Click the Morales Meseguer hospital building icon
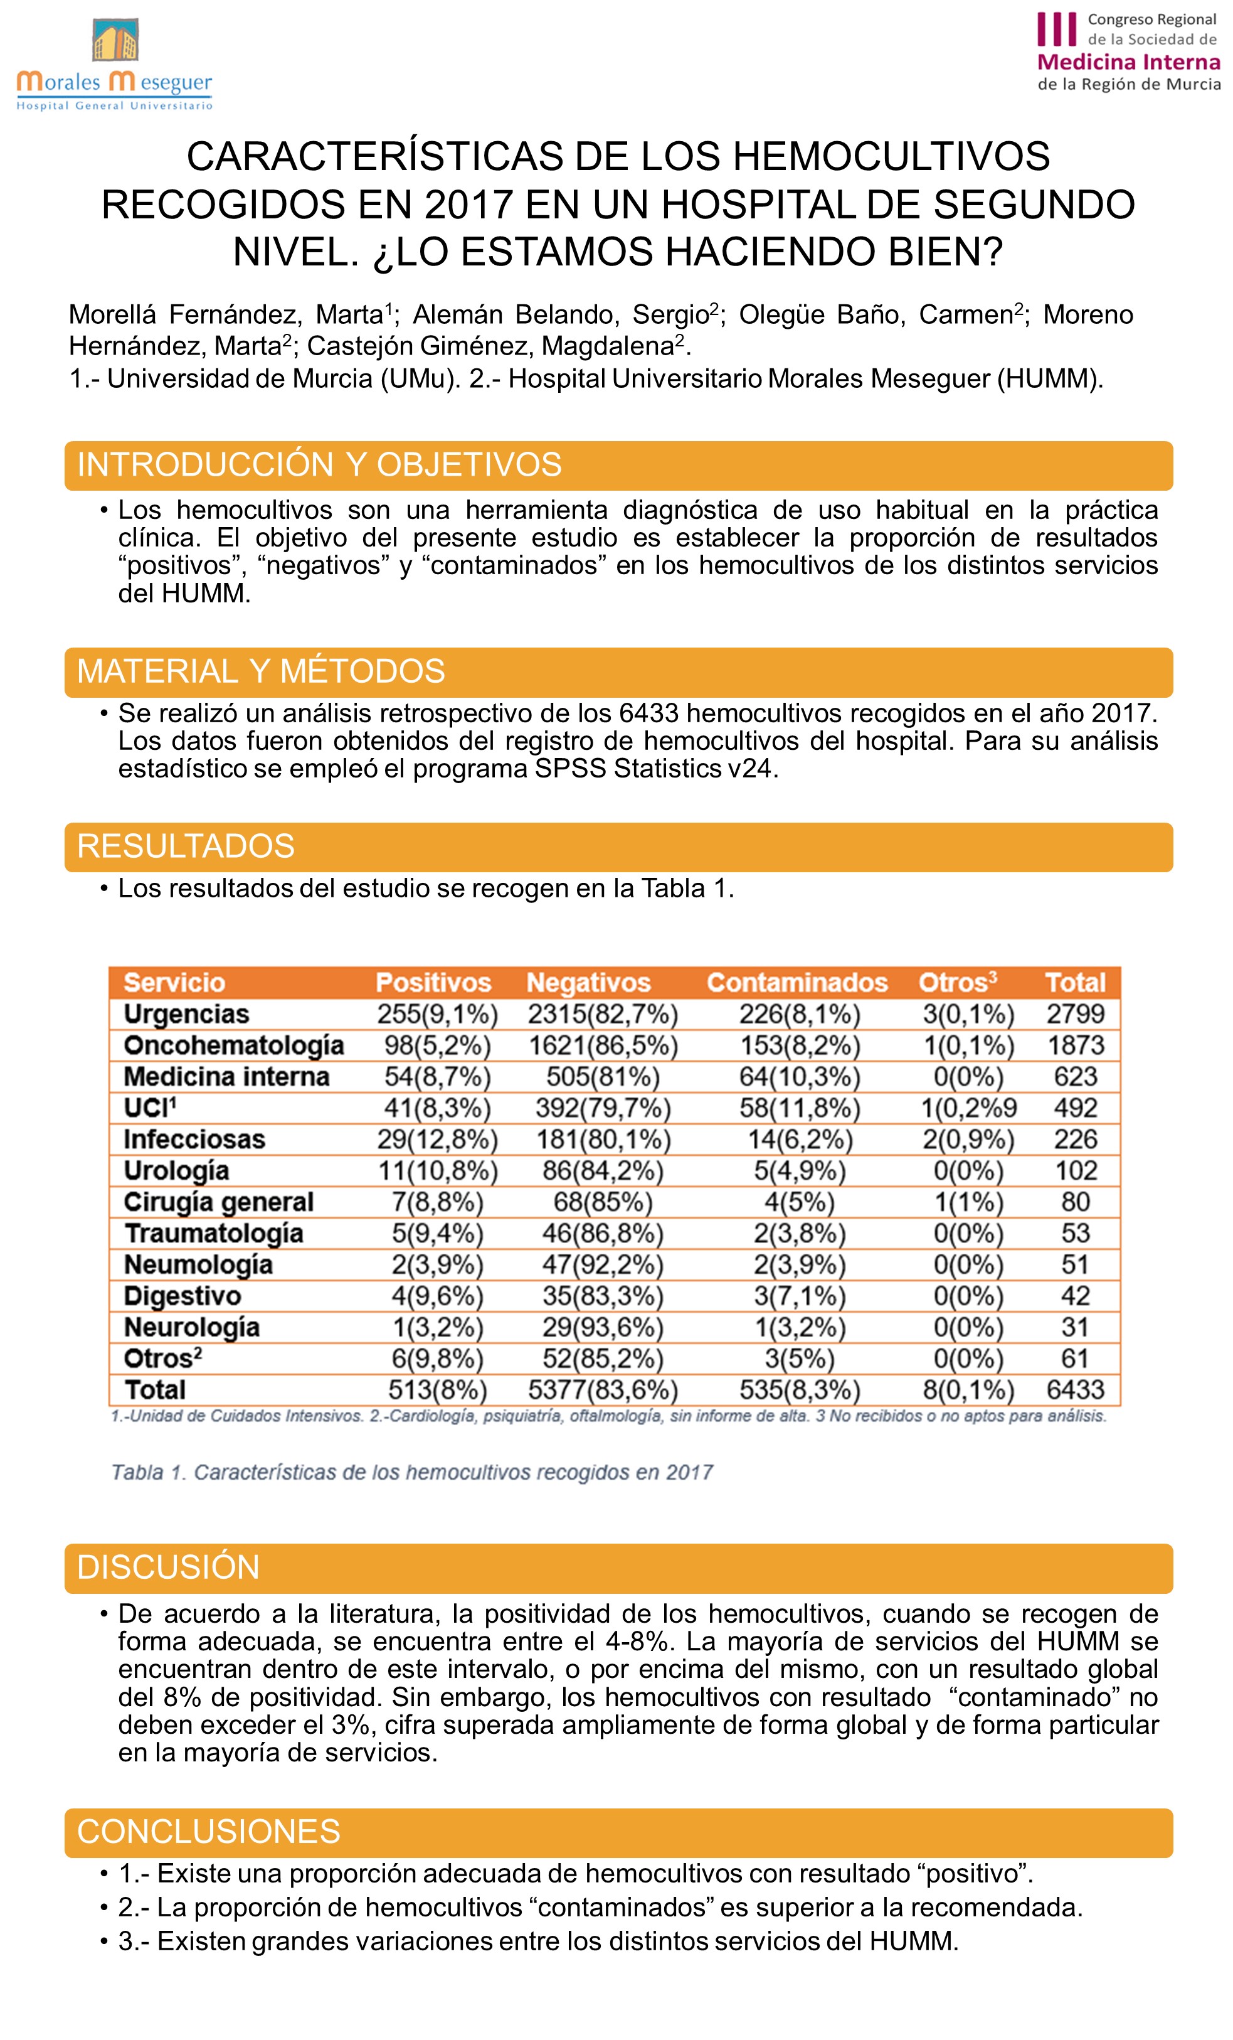(x=114, y=41)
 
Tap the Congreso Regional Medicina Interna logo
(x=1128, y=51)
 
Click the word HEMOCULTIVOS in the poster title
(x=891, y=156)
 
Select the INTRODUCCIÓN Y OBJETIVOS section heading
(x=319, y=466)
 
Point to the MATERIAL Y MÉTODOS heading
(x=261, y=671)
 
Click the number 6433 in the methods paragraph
(x=648, y=713)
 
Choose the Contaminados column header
(x=797, y=983)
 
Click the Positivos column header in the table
(x=433, y=983)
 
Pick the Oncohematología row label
(x=233, y=1045)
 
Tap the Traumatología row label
(x=213, y=1234)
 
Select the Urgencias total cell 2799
(x=1075, y=1014)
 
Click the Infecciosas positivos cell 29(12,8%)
(x=437, y=1140)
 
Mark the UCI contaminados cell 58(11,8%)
(x=800, y=1109)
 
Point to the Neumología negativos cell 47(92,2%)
(x=603, y=1265)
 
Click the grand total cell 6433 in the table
(x=1075, y=1390)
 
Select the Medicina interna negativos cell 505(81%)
(x=603, y=1077)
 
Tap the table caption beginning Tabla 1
(x=412, y=1473)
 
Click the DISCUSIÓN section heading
(x=168, y=1568)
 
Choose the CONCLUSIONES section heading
(x=209, y=1832)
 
